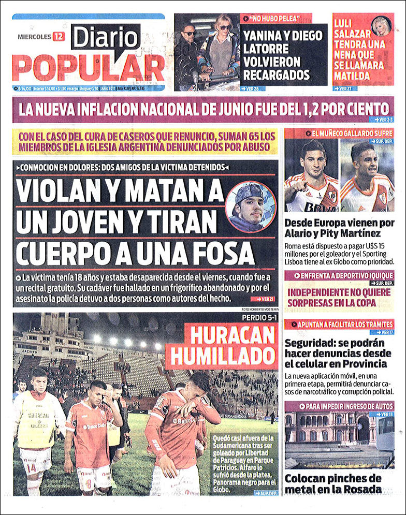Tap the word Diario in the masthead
106,38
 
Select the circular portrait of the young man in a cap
251,207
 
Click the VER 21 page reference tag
263,299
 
